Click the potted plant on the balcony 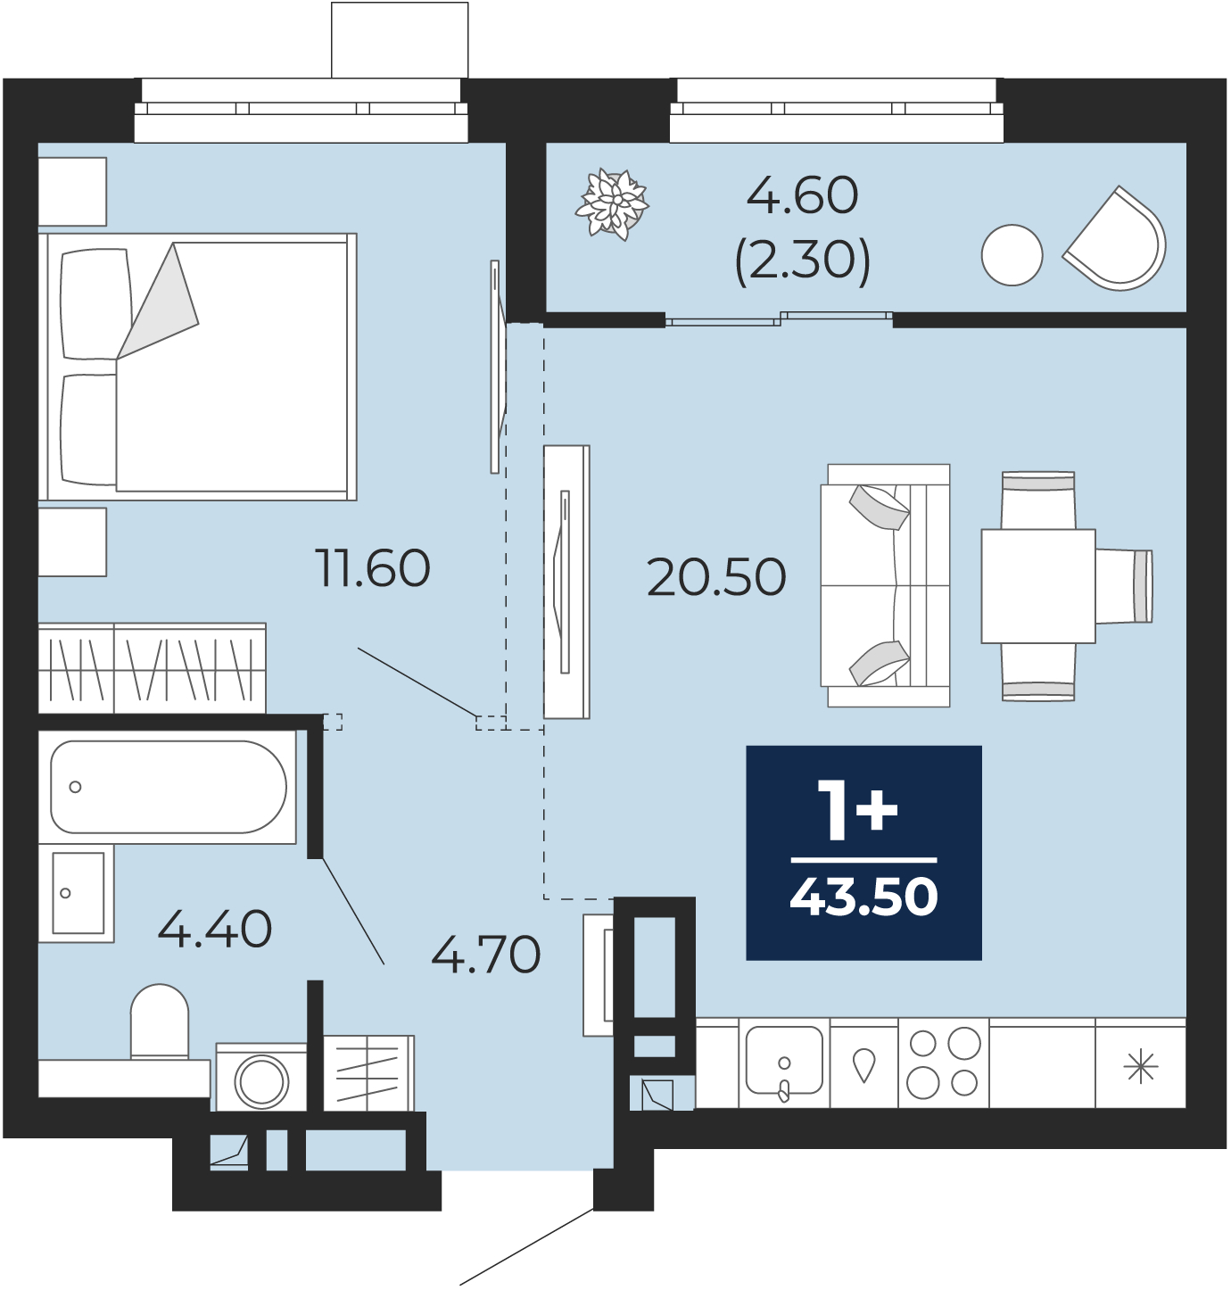(x=612, y=204)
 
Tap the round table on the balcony (x=1012, y=255)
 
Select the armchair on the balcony (x=1115, y=239)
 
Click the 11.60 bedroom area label (x=373, y=568)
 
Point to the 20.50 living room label (x=716, y=577)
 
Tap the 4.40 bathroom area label (x=215, y=929)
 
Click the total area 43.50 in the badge (x=863, y=897)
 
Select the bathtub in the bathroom (x=168, y=787)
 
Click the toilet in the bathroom (x=160, y=1023)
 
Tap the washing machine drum (x=261, y=1081)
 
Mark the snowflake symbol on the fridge (x=1140, y=1066)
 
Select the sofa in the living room (x=885, y=585)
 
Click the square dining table (x=1038, y=586)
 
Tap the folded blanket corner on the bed (x=158, y=302)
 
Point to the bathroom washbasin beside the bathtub (x=76, y=893)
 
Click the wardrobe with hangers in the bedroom (x=153, y=668)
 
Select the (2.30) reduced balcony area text (x=803, y=260)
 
